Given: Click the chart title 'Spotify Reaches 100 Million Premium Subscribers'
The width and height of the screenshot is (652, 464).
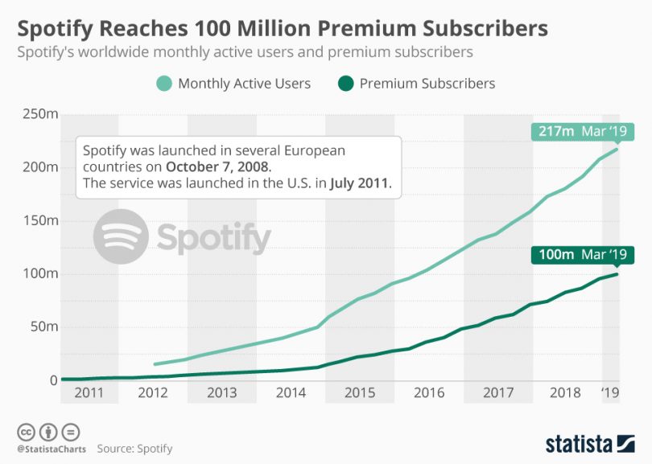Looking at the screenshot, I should (283, 29).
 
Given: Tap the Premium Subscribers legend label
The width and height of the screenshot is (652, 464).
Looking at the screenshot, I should (427, 83).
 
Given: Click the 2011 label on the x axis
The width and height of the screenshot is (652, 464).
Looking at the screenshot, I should (89, 393).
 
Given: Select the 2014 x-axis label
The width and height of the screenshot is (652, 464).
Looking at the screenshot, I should (291, 393).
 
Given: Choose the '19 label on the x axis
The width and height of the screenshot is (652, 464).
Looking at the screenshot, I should (612, 393).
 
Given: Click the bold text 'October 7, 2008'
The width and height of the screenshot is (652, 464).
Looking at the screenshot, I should (219, 167).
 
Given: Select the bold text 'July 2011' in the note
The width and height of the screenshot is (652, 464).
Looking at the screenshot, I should (359, 183).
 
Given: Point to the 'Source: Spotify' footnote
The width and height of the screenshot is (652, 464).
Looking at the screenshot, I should (134, 448).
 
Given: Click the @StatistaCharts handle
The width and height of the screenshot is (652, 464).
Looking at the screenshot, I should (50, 448).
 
